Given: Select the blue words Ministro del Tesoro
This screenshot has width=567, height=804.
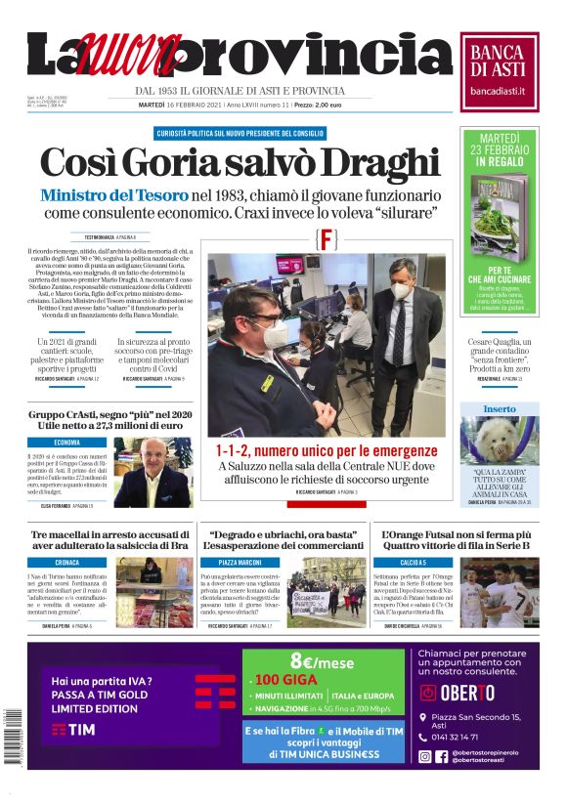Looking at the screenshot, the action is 114,194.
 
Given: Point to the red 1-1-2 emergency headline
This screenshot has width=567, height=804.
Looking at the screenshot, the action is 327,450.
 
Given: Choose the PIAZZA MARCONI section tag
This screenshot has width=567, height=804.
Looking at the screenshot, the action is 239,563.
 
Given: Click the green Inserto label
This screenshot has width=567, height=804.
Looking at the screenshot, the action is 499,408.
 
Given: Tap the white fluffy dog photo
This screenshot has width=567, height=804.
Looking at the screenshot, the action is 499,439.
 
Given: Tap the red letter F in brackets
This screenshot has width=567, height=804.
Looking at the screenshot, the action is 327,238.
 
